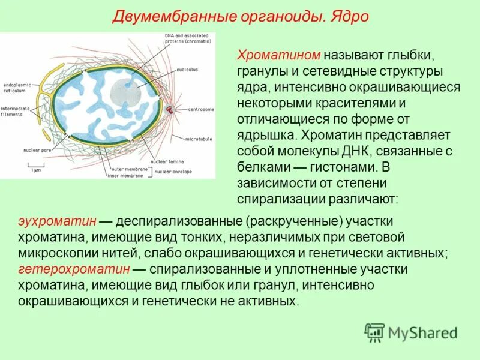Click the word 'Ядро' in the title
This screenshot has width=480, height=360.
351,15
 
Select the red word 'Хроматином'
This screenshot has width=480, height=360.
280,55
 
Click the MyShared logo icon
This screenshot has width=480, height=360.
374,332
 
